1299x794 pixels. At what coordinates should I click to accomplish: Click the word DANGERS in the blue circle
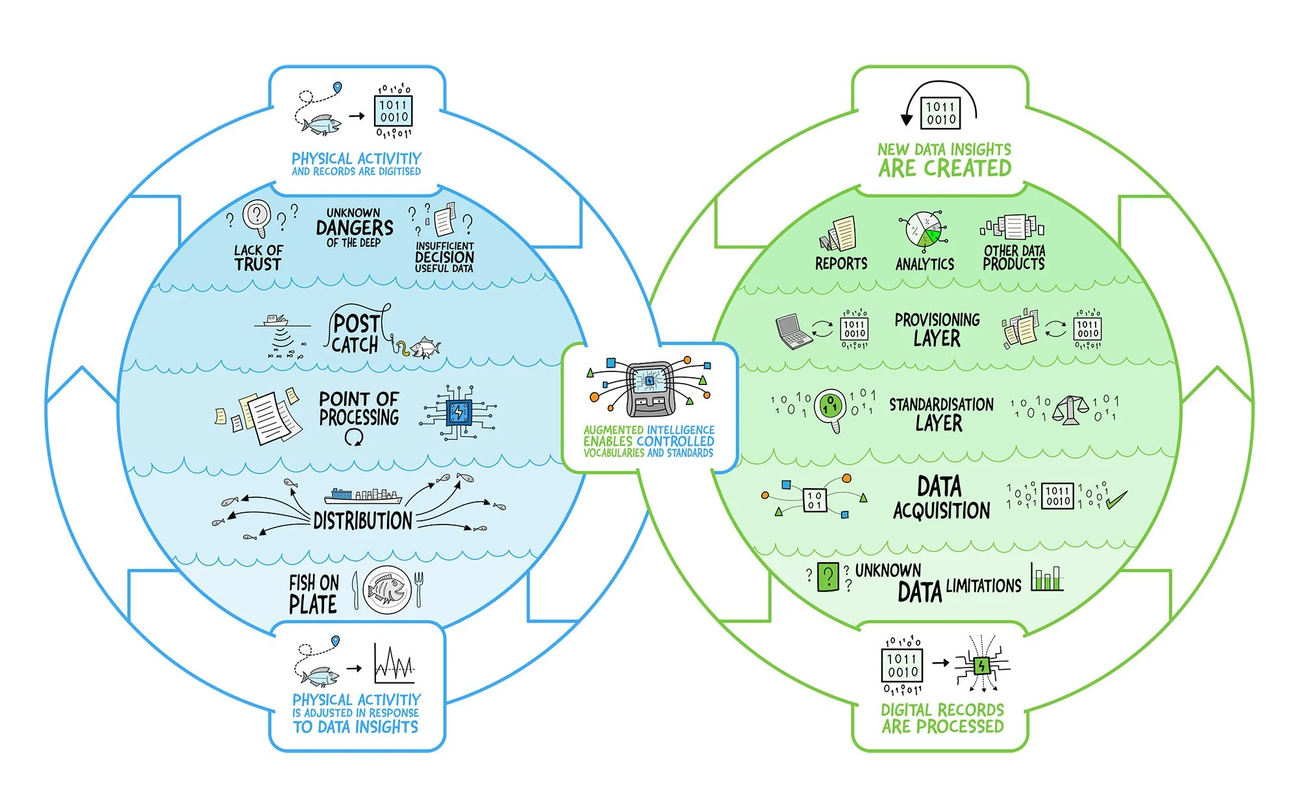[355, 228]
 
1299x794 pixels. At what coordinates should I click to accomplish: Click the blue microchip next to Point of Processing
[459, 412]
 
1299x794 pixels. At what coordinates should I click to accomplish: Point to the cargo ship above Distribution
[363, 497]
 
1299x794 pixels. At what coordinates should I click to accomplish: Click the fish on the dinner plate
[386, 589]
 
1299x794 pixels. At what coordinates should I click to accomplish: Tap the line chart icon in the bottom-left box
[394, 664]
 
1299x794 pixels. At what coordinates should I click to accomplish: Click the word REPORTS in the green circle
[841, 263]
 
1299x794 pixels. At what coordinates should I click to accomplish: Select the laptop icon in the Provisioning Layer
[794, 332]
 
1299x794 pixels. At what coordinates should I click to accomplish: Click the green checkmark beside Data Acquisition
[1116, 499]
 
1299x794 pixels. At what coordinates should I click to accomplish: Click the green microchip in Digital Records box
[981, 665]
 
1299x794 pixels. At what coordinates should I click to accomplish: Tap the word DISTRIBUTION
[362, 521]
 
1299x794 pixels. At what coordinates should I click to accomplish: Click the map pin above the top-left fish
[336, 88]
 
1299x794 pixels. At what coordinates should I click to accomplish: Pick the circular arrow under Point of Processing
[354, 437]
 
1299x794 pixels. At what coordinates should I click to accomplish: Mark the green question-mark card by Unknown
[828, 577]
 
